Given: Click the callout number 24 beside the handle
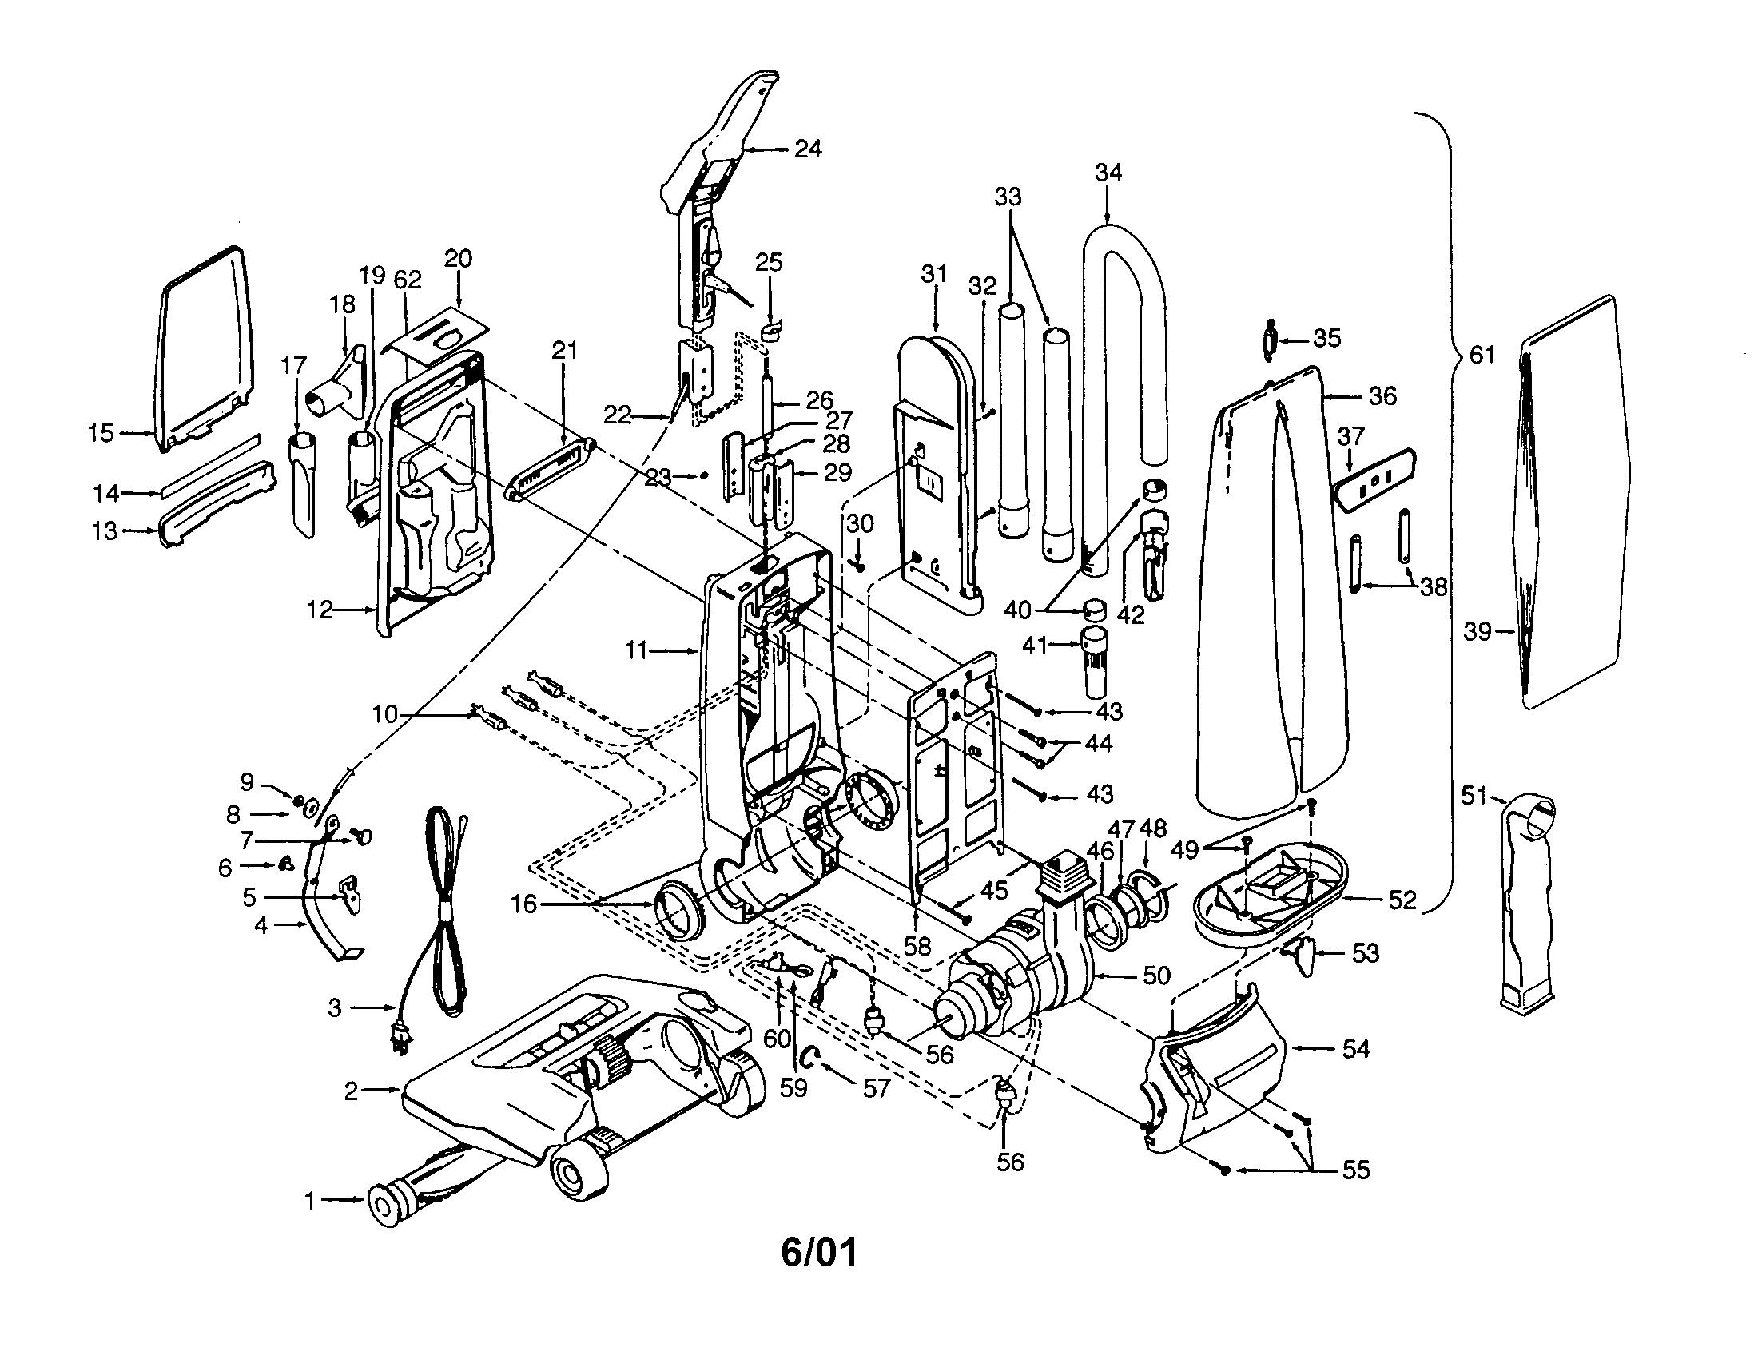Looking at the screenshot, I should [807, 149].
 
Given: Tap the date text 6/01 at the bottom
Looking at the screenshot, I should [818, 1252].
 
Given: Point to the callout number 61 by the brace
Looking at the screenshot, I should [1482, 355].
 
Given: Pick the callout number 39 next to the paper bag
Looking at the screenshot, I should [1477, 632].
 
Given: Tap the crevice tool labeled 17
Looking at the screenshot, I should [300, 483].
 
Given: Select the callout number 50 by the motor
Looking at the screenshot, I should [1156, 976].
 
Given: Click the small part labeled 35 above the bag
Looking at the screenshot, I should [1270, 338].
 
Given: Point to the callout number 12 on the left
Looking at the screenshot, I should [320, 610].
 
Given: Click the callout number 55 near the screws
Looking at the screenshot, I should [1355, 1170].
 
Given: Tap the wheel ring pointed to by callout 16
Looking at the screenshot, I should [674, 909].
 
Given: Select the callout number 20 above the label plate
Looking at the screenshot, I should [458, 259].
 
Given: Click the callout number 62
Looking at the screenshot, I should [408, 280].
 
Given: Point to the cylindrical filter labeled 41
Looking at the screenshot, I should [1092, 660].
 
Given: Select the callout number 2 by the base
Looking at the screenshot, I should [351, 1091].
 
